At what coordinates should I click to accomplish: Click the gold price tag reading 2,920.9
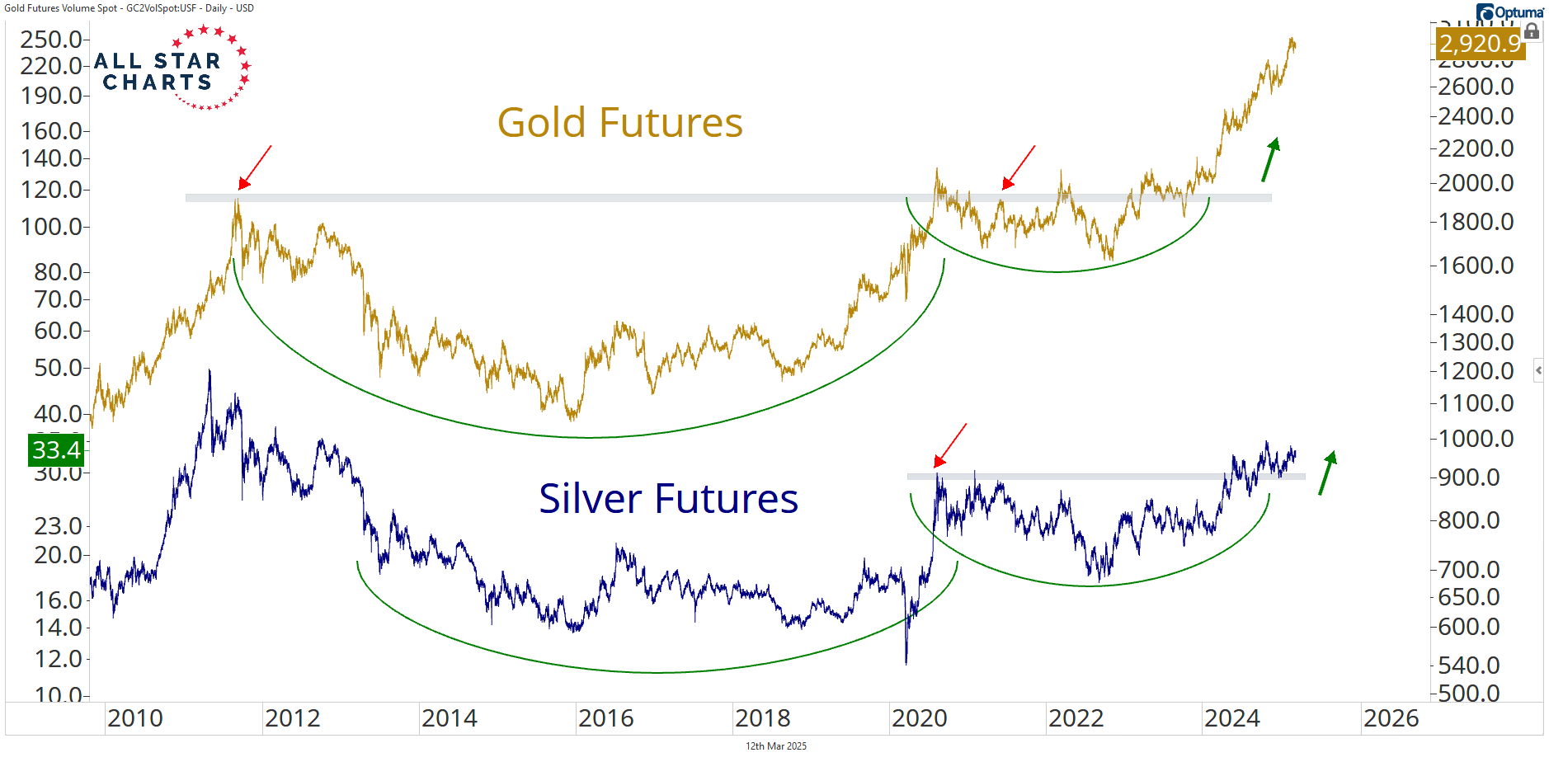pyautogui.click(x=1480, y=44)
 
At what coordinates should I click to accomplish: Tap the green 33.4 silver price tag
pyautogui.click(x=56, y=450)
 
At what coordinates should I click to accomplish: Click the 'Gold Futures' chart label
pyautogui.click(x=619, y=123)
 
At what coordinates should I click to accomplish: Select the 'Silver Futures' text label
pyautogui.click(x=668, y=499)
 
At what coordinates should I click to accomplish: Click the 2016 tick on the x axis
pyautogui.click(x=605, y=718)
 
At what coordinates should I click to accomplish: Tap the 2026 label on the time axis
pyautogui.click(x=1391, y=718)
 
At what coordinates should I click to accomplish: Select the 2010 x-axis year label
pyautogui.click(x=135, y=718)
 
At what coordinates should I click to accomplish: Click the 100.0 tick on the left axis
pyautogui.click(x=51, y=227)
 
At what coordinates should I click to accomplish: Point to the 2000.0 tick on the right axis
pyautogui.click(x=1476, y=183)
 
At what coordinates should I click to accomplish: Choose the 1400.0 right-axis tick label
pyautogui.click(x=1476, y=314)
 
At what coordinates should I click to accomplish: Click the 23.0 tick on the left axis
pyautogui.click(x=58, y=526)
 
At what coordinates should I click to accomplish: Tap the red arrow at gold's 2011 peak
pyautogui.click(x=254, y=167)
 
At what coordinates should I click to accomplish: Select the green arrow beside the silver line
pyautogui.click(x=1327, y=473)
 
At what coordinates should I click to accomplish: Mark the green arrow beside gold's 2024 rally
pyautogui.click(x=1270, y=159)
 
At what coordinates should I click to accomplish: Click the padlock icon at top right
pyautogui.click(x=1532, y=31)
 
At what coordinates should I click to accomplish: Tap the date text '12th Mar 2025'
pyautogui.click(x=775, y=746)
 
